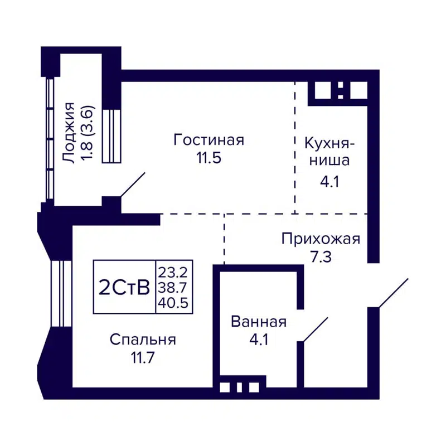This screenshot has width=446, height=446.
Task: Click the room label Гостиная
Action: [x=209, y=139]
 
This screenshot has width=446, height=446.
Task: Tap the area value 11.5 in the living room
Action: [x=209, y=158]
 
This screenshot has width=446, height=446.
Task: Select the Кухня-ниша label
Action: [x=327, y=152]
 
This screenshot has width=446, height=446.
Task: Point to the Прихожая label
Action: [x=321, y=239]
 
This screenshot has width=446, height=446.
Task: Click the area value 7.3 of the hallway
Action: [x=321, y=258]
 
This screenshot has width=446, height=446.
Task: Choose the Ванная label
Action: [x=258, y=322]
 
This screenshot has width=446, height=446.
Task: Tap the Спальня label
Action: [x=143, y=339]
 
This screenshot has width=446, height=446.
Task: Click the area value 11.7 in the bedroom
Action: [x=143, y=357]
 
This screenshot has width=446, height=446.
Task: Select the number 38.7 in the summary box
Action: [x=174, y=288]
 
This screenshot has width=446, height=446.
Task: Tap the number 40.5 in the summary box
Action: [x=174, y=303]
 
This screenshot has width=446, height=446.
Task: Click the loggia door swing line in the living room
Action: [x=133, y=185]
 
